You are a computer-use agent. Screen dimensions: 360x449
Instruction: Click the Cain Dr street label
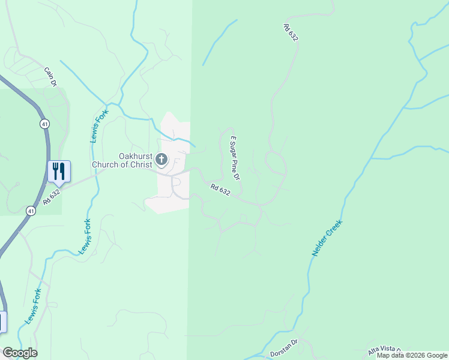click(x=50, y=76)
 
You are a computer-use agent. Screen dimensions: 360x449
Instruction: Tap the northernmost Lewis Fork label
click(x=95, y=124)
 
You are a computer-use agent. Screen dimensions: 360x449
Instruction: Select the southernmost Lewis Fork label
click(x=33, y=306)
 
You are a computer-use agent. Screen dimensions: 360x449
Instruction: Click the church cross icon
click(x=161, y=160)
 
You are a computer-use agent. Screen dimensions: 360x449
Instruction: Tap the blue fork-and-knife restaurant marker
click(x=59, y=171)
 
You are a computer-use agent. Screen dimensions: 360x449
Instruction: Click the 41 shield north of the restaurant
click(x=45, y=124)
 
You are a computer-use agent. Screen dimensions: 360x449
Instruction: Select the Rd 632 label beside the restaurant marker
click(x=52, y=197)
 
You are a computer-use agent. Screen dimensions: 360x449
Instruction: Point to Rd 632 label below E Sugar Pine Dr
click(x=220, y=190)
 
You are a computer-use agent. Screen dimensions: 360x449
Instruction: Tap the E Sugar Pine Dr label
click(x=235, y=158)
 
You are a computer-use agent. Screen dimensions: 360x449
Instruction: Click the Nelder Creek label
click(x=327, y=239)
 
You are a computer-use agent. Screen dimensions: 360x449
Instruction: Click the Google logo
click(x=20, y=353)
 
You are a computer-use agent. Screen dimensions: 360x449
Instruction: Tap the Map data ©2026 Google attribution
click(x=412, y=355)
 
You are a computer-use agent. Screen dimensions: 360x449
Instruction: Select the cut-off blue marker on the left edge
click(x=2, y=321)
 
